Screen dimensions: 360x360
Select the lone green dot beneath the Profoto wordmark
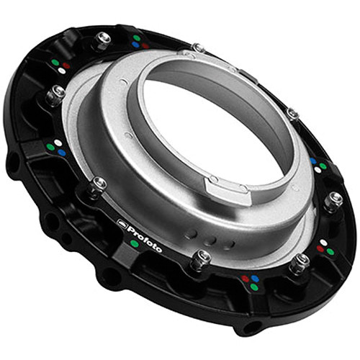pyautogui.click(x=135, y=244)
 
